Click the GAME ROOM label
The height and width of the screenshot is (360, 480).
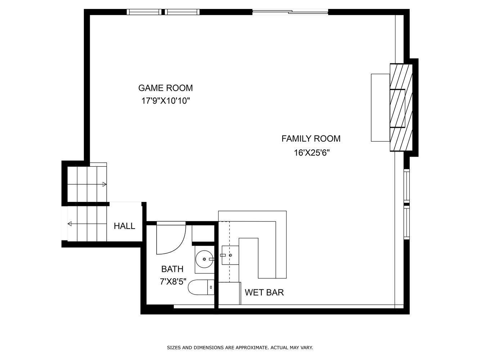[x=165, y=88]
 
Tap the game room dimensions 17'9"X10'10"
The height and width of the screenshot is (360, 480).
[x=165, y=101]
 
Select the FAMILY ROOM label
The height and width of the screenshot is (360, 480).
[x=311, y=139]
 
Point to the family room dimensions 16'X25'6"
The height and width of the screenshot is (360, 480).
[x=311, y=153]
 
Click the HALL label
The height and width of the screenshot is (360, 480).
[x=125, y=226]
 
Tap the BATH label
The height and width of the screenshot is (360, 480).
[x=172, y=269]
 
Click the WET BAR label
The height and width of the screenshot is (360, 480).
[x=264, y=292]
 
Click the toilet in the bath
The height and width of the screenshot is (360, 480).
[x=201, y=287]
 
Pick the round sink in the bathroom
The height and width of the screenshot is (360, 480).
[x=204, y=259]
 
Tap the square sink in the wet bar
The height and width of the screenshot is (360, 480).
[x=230, y=255]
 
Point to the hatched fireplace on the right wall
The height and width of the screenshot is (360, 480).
[x=401, y=108]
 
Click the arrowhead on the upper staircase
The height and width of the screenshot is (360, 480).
[x=104, y=184]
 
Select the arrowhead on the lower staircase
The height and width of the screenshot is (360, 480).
[x=70, y=224]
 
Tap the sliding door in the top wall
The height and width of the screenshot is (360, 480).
[x=290, y=12]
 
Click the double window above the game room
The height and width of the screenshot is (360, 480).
[x=163, y=12]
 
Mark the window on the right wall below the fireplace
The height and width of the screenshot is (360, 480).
[x=407, y=204]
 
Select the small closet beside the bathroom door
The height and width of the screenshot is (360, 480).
[x=203, y=233]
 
